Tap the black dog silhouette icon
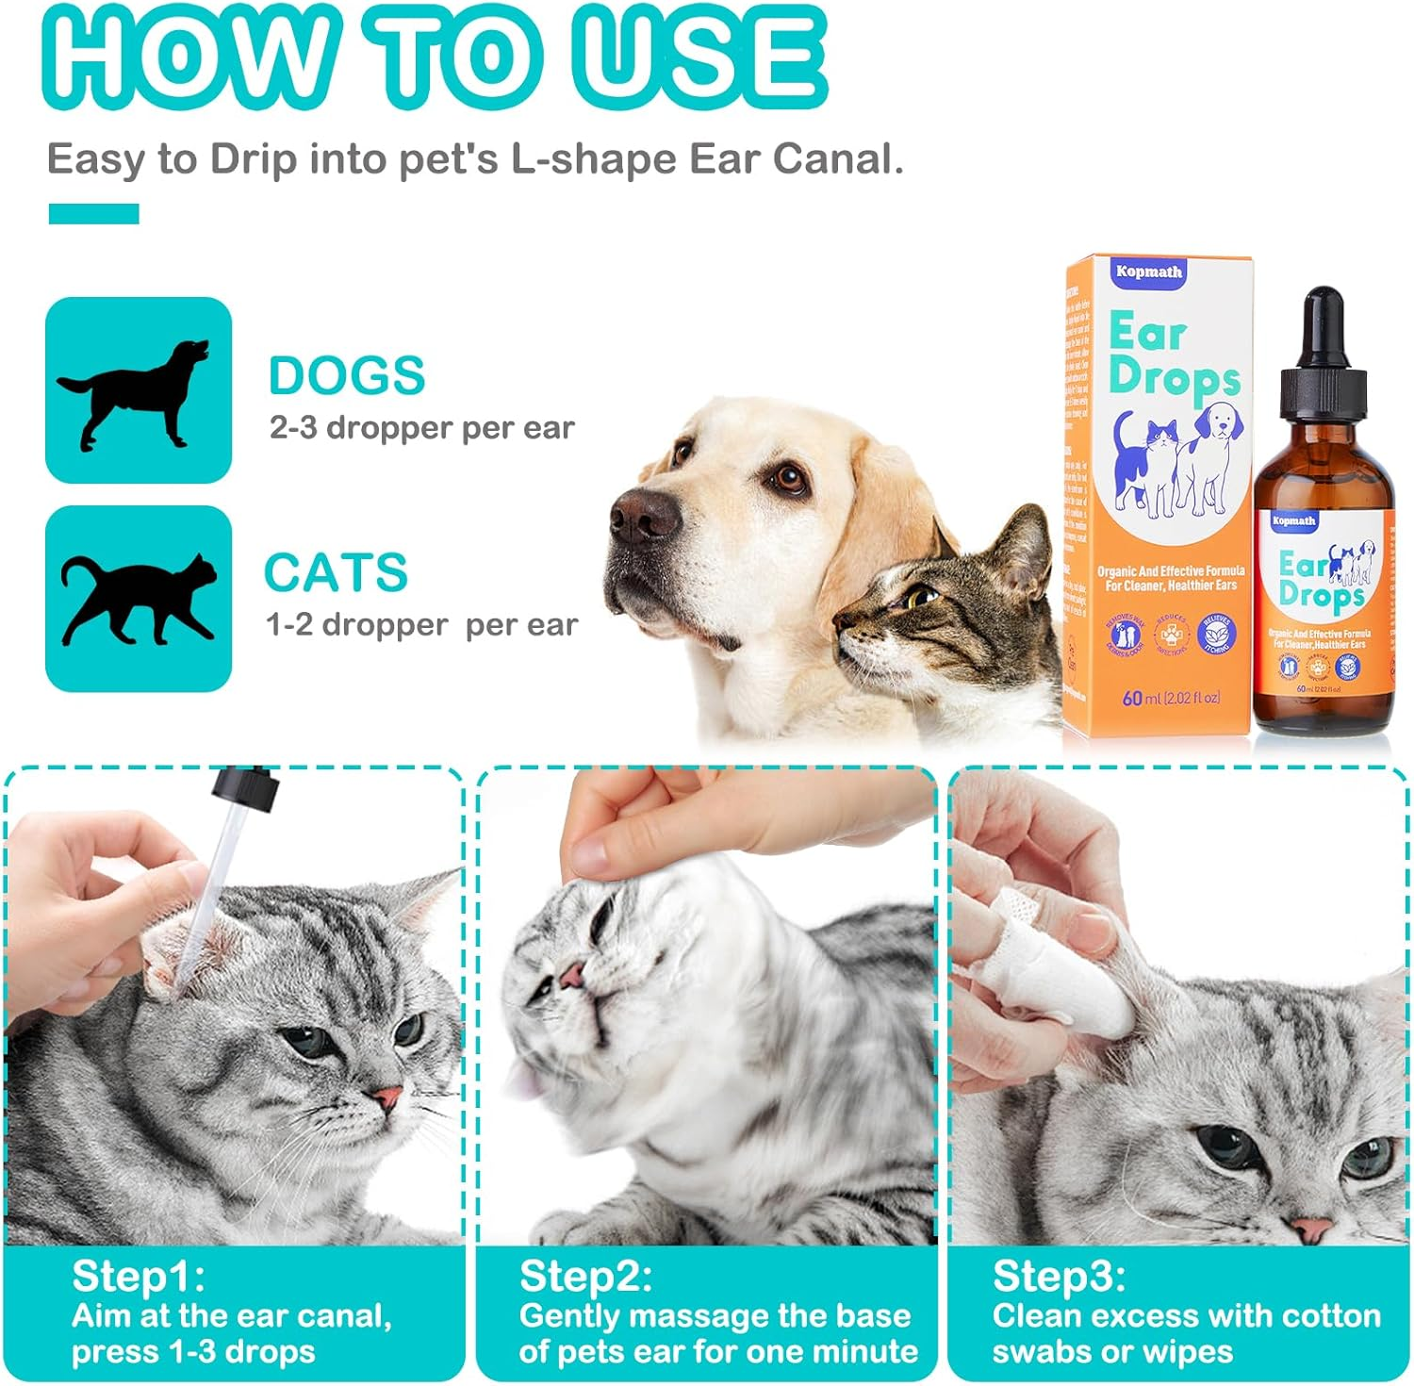[x=138, y=390]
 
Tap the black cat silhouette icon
[x=138, y=598]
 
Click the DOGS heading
[x=347, y=376]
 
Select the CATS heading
[x=336, y=572]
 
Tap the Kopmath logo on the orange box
[x=1148, y=272]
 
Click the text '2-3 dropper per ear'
[x=421, y=428]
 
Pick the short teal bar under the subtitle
[x=93, y=214]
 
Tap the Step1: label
[x=138, y=1276]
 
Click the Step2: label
[x=585, y=1276]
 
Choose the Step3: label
[x=1059, y=1276]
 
